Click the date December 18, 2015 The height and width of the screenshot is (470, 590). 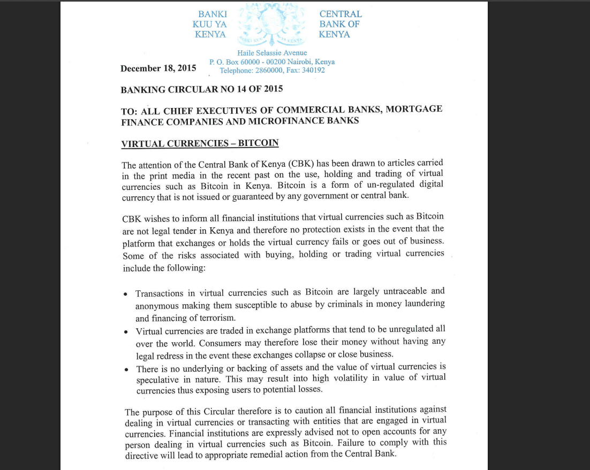(158, 68)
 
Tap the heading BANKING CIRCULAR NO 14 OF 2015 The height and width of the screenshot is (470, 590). (201, 89)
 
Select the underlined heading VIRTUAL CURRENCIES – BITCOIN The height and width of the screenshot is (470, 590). (200, 144)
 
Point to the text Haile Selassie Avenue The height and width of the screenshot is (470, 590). (272, 53)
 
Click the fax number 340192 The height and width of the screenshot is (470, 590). (313, 70)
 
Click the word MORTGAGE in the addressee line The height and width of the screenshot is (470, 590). (414, 109)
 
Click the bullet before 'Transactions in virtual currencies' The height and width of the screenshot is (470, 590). (125, 295)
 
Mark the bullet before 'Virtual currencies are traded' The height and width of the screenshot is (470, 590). (125, 332)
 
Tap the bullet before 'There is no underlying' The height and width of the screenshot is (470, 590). (126, 370)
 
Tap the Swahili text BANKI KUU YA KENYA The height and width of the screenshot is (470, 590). (210, 24)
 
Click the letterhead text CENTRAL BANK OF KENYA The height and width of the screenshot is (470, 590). (340, 24)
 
